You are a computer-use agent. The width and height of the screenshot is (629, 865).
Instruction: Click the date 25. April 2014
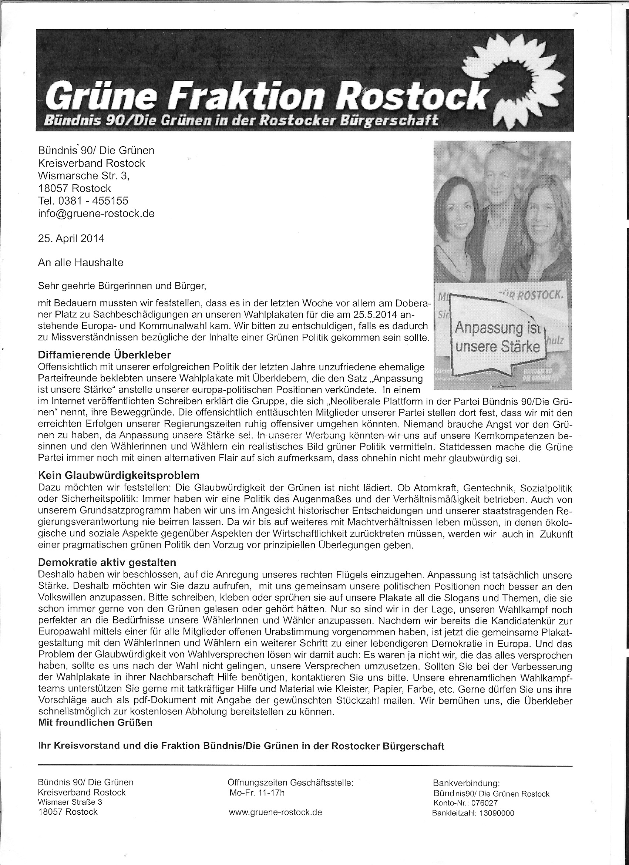tap(71, 238)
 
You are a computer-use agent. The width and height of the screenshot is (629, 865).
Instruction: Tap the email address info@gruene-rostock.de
tap(96, 213)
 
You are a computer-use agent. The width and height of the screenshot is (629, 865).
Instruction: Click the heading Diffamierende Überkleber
tap(104, 355)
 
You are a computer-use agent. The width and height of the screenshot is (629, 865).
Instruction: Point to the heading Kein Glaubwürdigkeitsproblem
tap(119, 475)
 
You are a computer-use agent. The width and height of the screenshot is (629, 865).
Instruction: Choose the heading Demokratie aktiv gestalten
tap(107, 562)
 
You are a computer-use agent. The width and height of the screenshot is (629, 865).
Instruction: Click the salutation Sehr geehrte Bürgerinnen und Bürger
tap(122, 285)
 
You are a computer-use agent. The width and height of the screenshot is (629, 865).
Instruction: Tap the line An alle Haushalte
tap(81, 262)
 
